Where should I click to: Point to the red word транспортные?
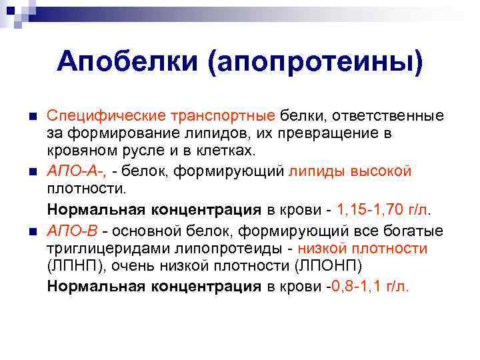point(225,116)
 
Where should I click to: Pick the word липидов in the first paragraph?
point(201,133)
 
